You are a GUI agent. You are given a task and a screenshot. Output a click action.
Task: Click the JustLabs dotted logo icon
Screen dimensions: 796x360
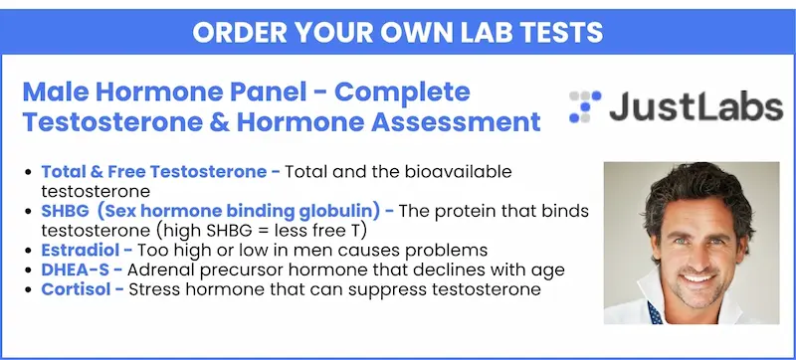[585, 106]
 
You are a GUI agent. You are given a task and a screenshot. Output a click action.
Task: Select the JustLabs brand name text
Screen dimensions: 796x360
[696, 106]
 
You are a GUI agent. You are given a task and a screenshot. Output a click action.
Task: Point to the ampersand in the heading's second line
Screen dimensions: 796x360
[218, 122]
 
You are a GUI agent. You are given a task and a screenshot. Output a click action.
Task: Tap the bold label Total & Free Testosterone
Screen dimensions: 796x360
[154, 172]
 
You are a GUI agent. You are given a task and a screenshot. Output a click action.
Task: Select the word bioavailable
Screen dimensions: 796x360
[459, 172]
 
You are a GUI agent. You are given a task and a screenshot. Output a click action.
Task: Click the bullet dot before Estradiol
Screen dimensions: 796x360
[29, 251]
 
